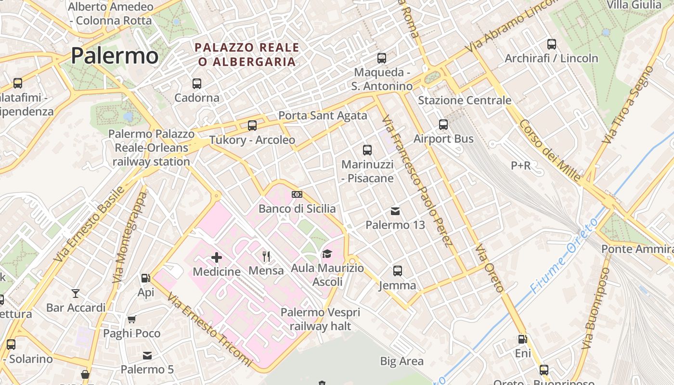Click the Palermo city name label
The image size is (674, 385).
pyautogui.click(x=115, y=56)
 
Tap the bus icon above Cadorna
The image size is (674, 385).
pyautogui.click(x=196, y=84)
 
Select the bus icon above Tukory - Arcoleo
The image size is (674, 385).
pyautogui.click(x=252, y=126)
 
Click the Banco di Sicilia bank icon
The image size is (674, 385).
pyautogui.click(x=297, y=194)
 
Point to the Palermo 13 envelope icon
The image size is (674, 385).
pyautogui.click(x=395, y=211)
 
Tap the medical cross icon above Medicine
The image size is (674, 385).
pyautogui.click(x=217, y=257)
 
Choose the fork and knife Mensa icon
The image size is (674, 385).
pyautogui.click(x=266, y=256)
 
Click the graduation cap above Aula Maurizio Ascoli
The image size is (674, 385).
pyautogui.click(x=327, y=254)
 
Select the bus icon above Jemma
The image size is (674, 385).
pyautogui.click(x=397, y=271)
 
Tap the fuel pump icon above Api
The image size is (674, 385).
pyautogui.click(x=145, y=278)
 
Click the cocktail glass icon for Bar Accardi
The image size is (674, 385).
pyautogui.click(x=76, y=293)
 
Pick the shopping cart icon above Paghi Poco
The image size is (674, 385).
pyautogui.click(x=131, y=319)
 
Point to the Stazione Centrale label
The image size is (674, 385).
pyautogui.click(x=465, y=100)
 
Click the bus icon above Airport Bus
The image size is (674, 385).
pyautogui.click(x=443, y=125)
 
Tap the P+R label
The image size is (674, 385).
pyautogui.click(x=520, y=166)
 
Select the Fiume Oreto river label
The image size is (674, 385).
pyautogui.click(x=564, y=255)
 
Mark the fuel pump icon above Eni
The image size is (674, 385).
pyautogui.click(x=522, y=339)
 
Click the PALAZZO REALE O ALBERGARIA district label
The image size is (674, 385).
pyautogui.click(x=247, y=54)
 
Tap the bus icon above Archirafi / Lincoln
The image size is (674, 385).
pyautogui.click(x=552, y=44)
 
